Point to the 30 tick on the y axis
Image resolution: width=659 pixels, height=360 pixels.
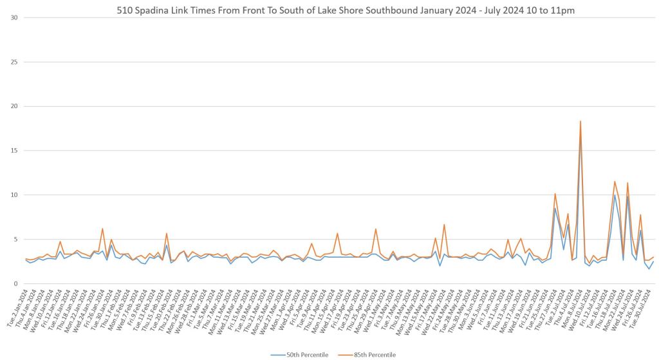click(14, 17)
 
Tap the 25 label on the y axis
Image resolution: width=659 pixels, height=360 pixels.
click(14, 62)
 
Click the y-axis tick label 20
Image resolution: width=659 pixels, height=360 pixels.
click(14, 106)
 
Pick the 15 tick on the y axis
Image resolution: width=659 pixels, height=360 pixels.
click(14, 151)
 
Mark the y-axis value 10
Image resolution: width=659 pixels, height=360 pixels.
click(14, 195)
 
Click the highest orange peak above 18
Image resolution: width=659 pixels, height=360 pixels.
click(580, 121)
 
